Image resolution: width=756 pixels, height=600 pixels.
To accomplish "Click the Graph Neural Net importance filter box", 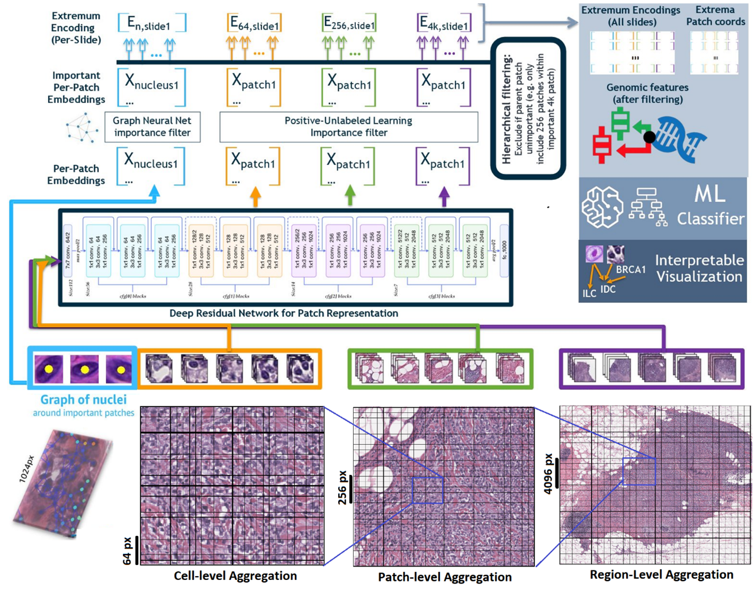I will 152,127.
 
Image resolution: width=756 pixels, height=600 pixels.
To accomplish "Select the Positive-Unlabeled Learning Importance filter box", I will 348,127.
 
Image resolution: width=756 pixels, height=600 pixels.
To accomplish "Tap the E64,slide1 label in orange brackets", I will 254,23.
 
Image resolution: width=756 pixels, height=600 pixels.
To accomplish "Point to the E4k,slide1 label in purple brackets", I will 444,23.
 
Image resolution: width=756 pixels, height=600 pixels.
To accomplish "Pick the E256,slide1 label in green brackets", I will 349,23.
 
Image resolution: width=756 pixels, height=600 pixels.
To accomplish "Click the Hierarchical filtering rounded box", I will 528,109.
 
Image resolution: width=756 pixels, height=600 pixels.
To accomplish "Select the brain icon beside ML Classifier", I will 602,207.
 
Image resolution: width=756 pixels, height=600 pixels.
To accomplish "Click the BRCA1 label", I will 631,270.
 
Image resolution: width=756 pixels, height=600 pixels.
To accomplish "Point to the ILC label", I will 589,293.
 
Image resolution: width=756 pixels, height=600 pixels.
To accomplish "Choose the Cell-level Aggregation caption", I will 235,576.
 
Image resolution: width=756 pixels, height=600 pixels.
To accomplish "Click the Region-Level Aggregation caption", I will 661,575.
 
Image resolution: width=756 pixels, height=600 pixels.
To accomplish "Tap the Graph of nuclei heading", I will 84,399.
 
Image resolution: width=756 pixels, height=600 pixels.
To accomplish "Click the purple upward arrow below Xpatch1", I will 444,196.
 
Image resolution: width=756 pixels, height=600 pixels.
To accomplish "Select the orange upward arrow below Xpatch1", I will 255,196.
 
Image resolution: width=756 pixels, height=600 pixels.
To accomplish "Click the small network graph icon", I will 82,128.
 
